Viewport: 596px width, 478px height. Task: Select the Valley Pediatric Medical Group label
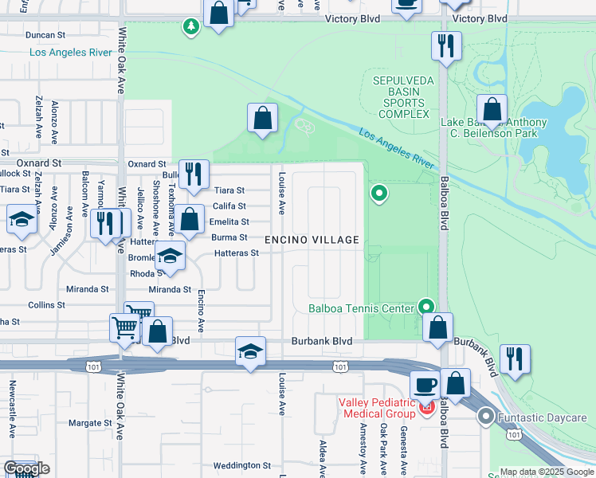point(377,408)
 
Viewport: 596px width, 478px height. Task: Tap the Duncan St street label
point(45,35)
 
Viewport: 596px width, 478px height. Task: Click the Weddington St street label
point(242,465)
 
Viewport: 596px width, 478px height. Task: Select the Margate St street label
point(89,423)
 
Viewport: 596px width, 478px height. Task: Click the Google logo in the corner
point(25,468)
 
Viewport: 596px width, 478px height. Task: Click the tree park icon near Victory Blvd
point(190,27)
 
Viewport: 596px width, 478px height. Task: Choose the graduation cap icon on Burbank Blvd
point(249,351)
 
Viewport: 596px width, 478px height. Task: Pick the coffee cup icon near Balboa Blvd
point(424,386)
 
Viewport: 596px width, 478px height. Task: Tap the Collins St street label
point(46,305)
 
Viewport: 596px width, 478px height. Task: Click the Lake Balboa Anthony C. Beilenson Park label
point(494,127)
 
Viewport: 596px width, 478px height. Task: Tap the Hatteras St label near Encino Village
point(237,253)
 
